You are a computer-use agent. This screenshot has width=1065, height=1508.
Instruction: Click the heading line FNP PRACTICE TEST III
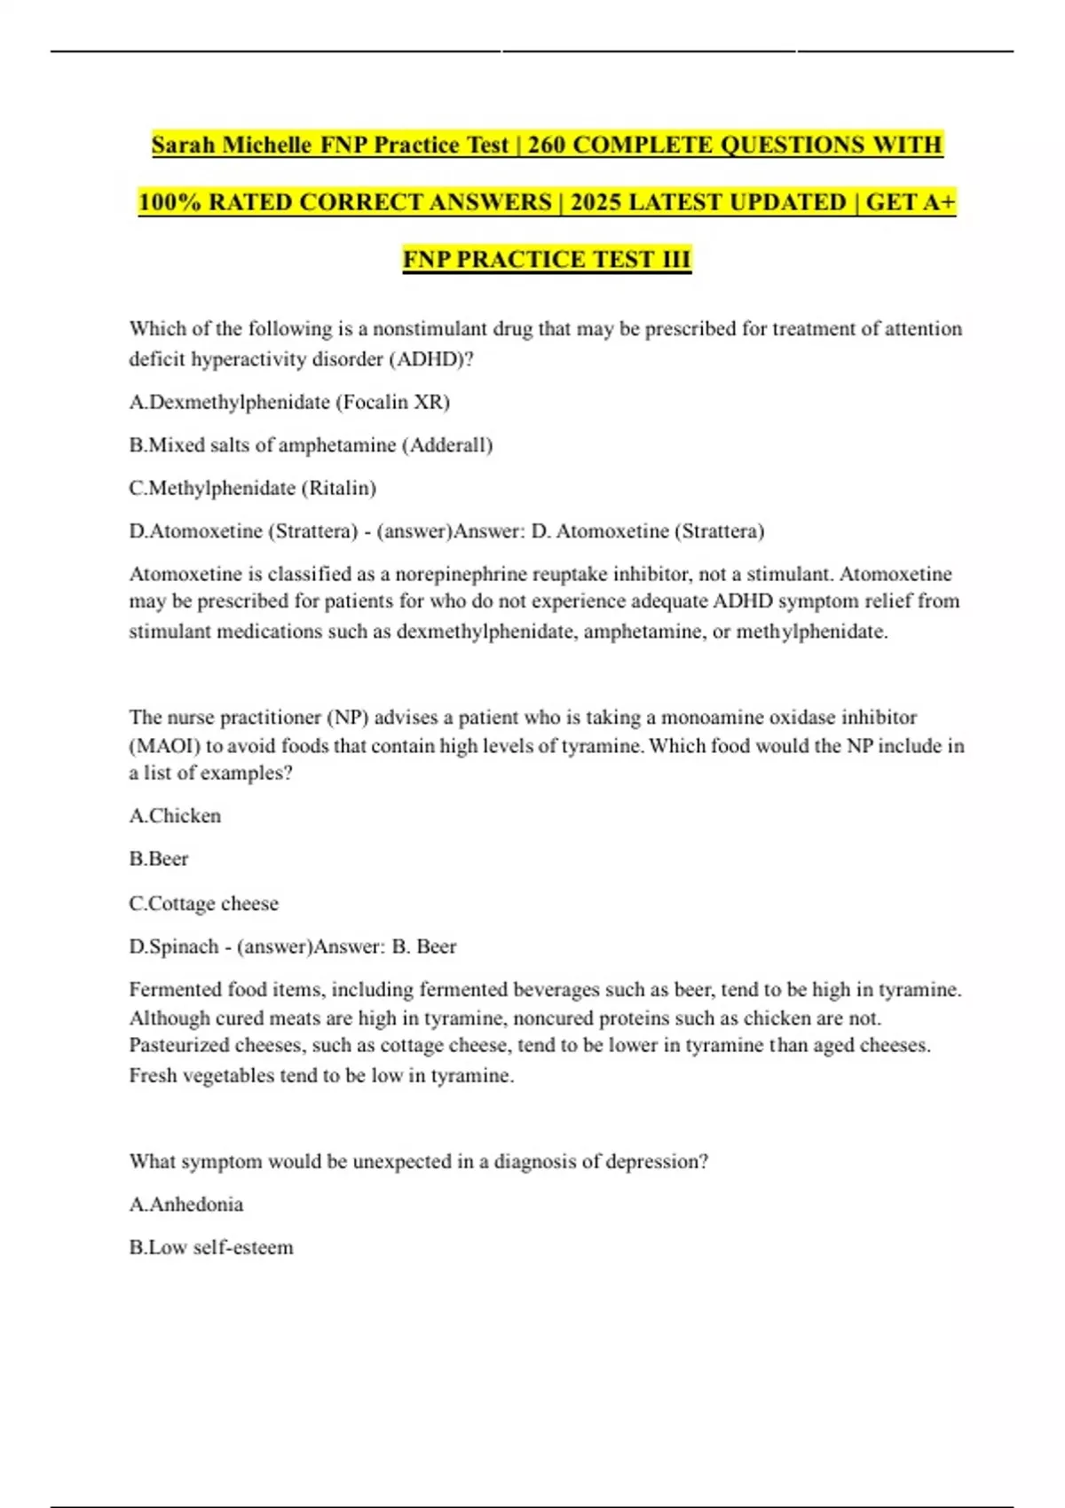tap(547, 259)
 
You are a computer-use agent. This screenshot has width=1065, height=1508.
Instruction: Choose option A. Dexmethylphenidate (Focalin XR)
tap(289, 402)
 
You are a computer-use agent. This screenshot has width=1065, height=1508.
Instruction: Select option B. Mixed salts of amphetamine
tap(311, 444)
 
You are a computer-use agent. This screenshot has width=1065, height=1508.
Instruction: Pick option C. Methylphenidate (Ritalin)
tap(252, 488)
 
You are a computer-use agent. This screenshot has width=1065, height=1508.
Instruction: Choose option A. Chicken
tap(175, 815)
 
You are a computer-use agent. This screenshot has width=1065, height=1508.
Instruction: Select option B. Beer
tap(159, 859)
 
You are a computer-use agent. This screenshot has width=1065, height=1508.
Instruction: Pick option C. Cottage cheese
tap(203, 903)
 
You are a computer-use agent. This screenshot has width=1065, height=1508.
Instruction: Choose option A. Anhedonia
tap(185, 1204)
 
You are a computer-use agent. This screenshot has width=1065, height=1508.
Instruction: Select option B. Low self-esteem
tap(211, 1247)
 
